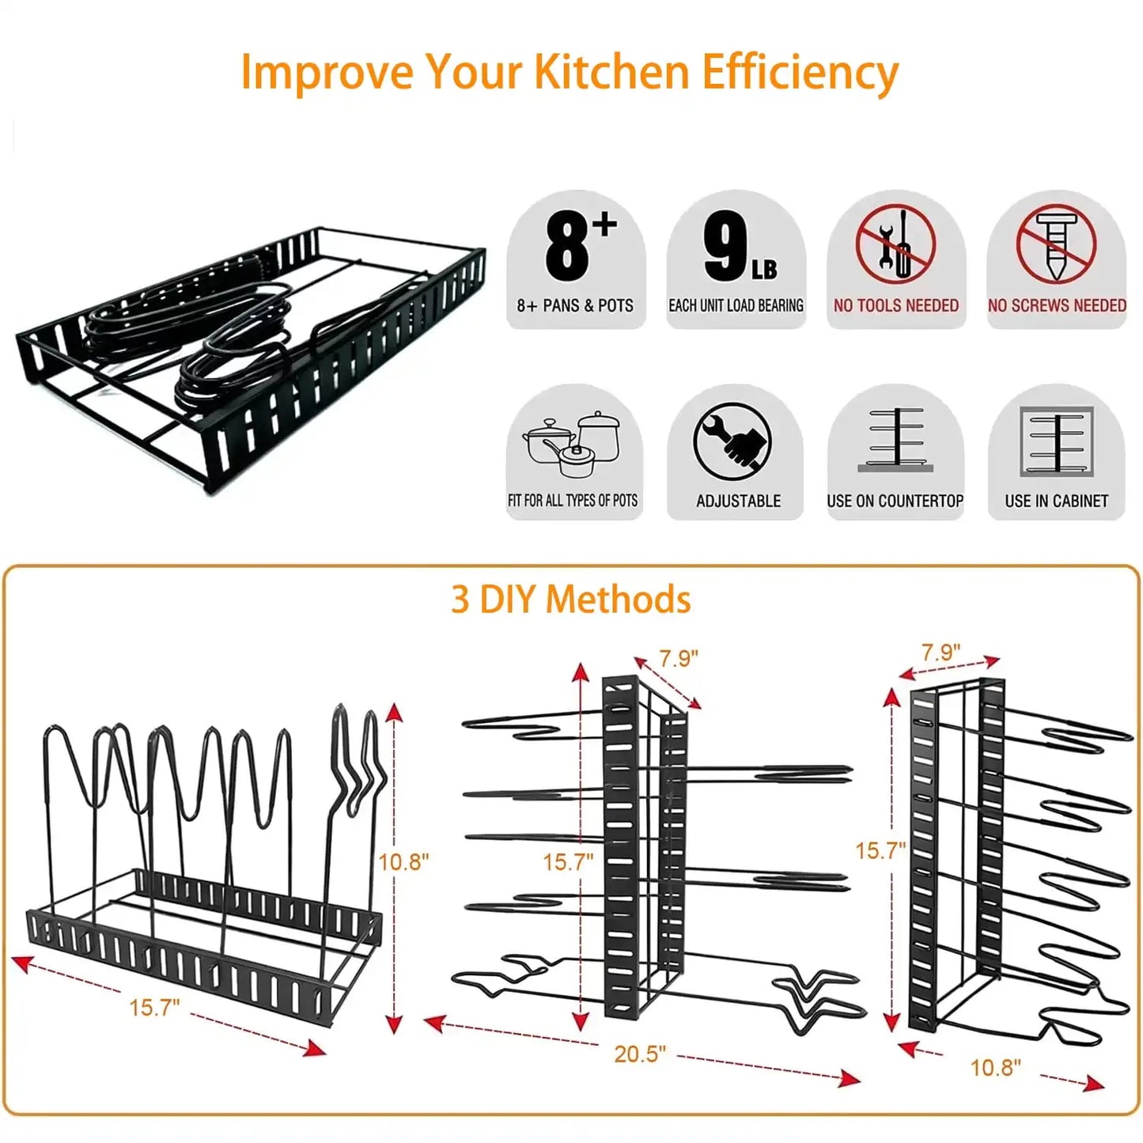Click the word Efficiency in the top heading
click(x=800, y=73)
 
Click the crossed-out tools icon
click(x=895, y=243)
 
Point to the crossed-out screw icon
click(x=1056, y=244)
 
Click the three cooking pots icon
click(x=572, y=444)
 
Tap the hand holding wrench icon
click(x=732, y=441)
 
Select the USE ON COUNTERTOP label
click(x=895, y=501)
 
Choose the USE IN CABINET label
click(x=1056, y=501)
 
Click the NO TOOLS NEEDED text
click(x=895, y=305)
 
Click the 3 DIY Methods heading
click(x=570, y=599)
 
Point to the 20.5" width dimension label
click(x=640, y=1054)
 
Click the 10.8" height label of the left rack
click(x=403, y=861)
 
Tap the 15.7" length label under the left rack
click(x=154, y=1007)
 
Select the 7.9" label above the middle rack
click(x=679, y=658)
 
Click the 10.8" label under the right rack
click(x=995, y=1067)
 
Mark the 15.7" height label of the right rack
click(x=880, y=850)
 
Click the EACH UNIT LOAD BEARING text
click(x=736, y=305)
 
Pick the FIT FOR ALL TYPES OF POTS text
click(x=573, y=501)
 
